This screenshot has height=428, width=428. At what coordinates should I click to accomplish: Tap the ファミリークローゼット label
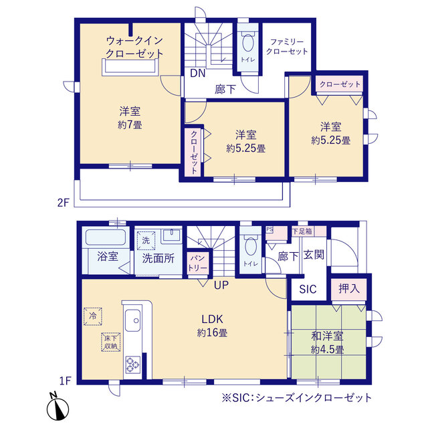286,45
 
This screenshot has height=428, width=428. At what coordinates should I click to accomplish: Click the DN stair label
197,74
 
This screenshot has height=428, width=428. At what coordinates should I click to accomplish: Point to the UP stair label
221,286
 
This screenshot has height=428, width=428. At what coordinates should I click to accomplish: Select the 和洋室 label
327,335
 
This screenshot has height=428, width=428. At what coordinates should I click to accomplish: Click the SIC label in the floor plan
307,290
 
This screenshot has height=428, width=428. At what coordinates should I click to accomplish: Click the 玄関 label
314,254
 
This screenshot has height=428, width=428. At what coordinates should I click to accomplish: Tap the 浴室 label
107,255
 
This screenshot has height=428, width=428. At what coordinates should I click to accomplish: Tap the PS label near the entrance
270,229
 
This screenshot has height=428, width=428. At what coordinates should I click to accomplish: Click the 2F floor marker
62,201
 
